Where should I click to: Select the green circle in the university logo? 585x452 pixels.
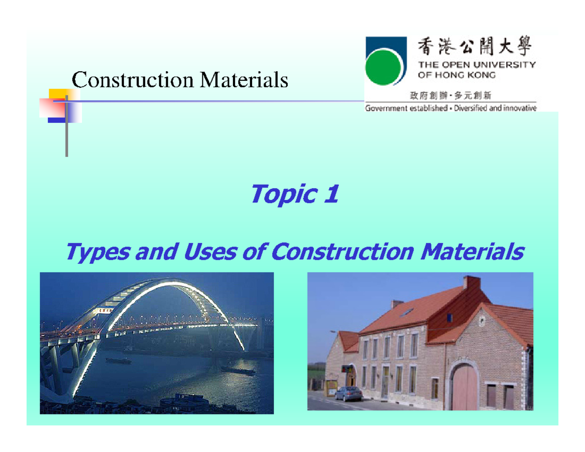pos(383,69)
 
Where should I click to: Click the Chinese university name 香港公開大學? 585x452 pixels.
pos(476,48)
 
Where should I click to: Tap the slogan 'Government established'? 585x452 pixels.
pos(406,108)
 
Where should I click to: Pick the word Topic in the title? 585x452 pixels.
pos(281,195)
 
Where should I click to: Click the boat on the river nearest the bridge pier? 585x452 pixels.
pos(118,360)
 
